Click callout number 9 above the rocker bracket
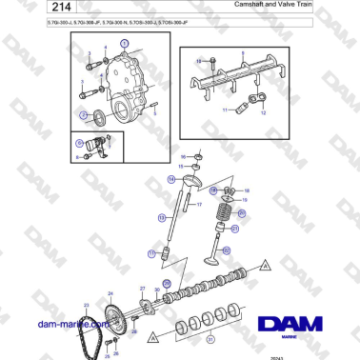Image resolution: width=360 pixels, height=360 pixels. [242, 54]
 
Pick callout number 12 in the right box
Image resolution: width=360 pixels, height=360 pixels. [263, 112]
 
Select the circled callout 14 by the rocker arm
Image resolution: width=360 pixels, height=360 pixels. [171, 179]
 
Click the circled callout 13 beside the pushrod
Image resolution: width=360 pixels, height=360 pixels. [150, 252]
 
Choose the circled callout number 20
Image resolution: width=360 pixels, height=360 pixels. [242, 214]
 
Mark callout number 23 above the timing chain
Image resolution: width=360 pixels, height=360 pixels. [87, 304]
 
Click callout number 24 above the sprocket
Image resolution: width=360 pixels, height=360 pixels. [110, 294]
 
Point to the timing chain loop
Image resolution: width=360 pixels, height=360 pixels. [92, 333]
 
